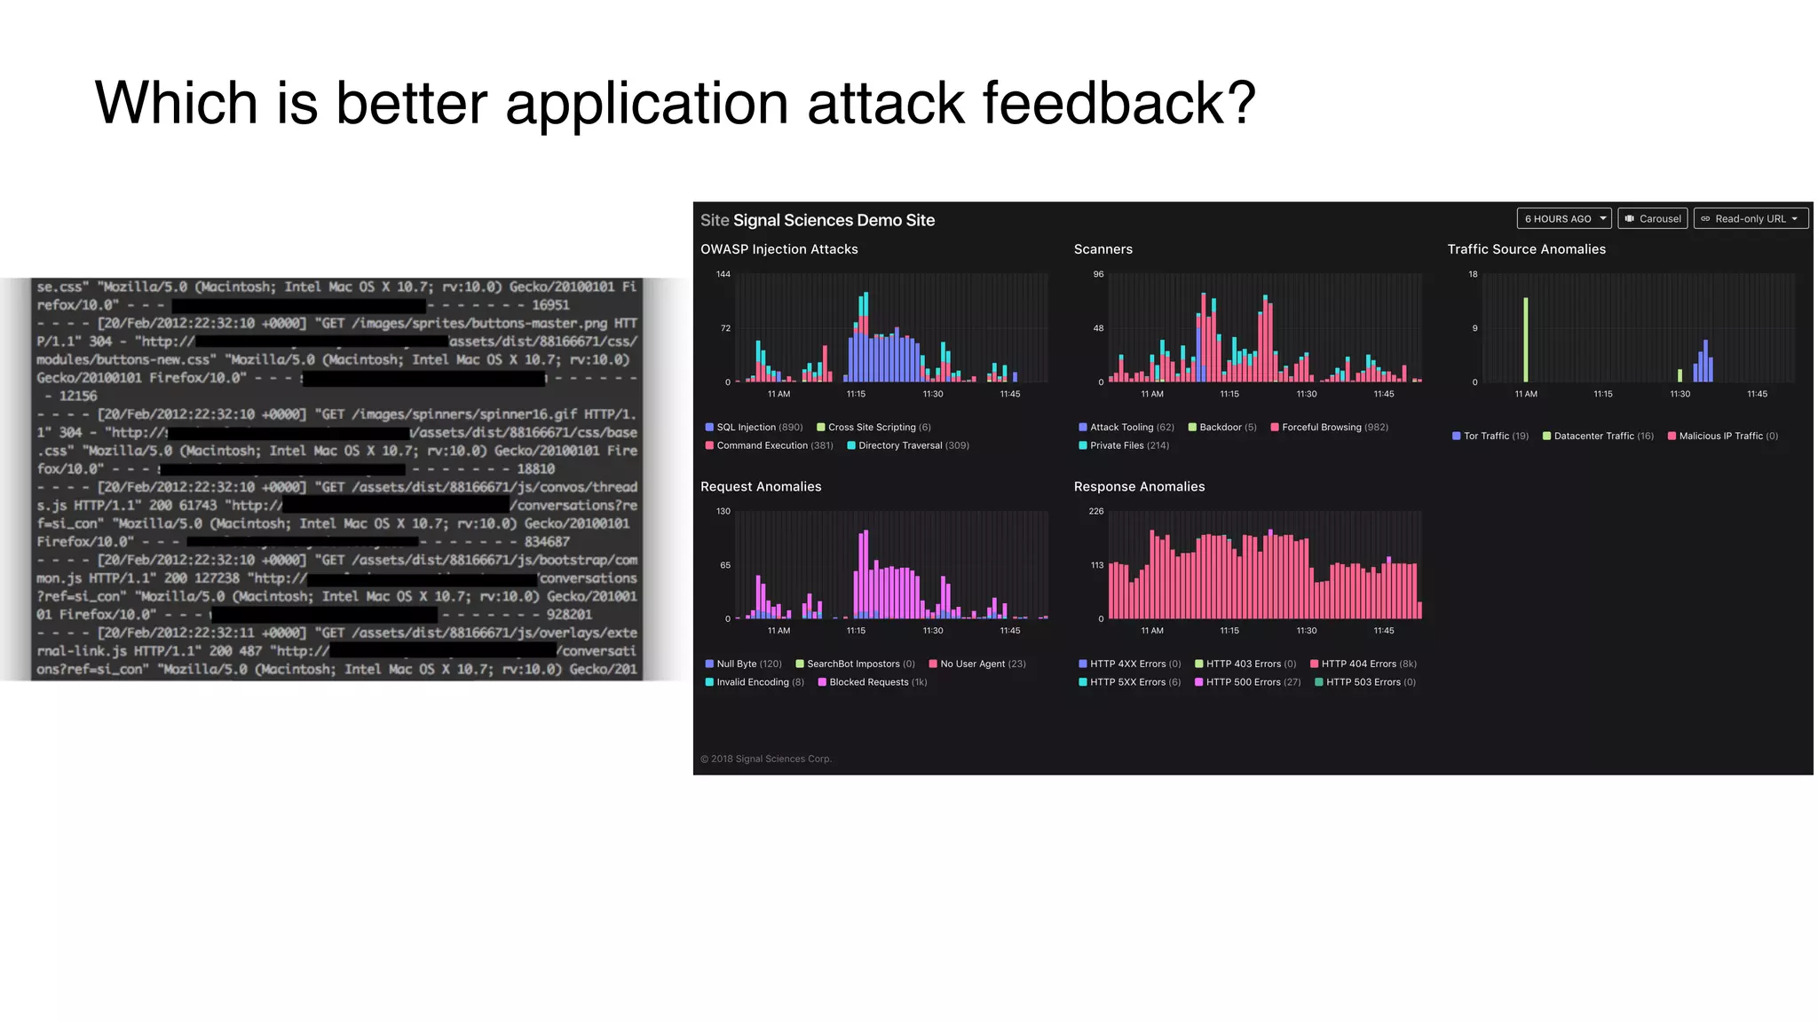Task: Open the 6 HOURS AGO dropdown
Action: pos(1564,219)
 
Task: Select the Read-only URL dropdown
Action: pos(1750,219)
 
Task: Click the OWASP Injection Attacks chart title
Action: pos(779,249)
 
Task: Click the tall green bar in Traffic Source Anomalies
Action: pos(1526,340)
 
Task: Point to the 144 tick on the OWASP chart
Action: pos(723,274)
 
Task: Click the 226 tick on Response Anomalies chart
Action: pos(1096,511)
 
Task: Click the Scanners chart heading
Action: pos(1103,249)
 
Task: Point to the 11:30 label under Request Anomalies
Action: pos(932,631)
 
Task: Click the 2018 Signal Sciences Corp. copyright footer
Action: pos(766,759)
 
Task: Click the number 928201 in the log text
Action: pos(569,614)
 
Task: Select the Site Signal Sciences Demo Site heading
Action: pos(817,220)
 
